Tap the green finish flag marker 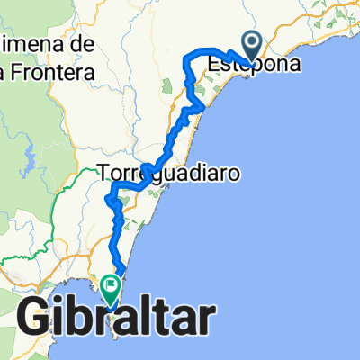coord(112,288)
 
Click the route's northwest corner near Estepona coord(186,59)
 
